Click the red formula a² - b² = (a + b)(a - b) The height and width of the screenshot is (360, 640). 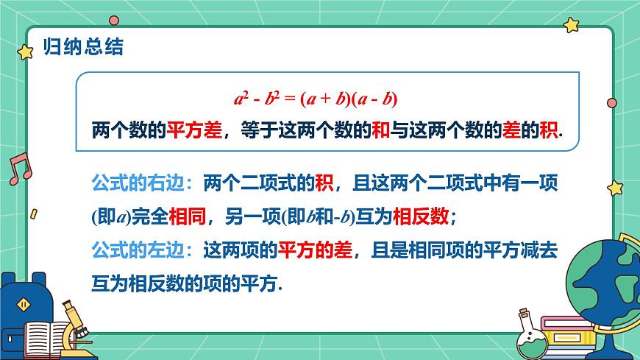[x=316, y=99]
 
